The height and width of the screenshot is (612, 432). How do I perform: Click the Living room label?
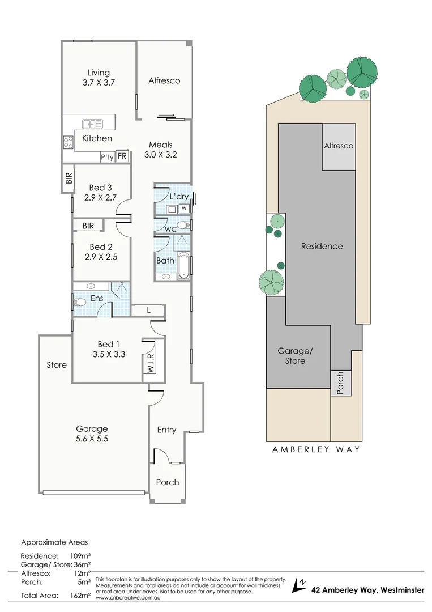point(99,73)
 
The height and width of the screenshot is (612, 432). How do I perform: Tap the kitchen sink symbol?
point(92,124)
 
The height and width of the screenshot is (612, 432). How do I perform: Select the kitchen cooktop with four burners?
point(69,141)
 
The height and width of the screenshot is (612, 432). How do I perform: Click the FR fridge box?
point(122,157)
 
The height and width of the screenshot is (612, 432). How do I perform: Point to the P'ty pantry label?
point(107,158)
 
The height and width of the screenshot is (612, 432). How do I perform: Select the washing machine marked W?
point(183,208)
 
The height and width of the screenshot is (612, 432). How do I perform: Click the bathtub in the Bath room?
point(183,266)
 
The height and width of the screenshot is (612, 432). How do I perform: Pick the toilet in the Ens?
point(79,303)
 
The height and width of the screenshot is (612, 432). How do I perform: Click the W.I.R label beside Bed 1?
point(151,360)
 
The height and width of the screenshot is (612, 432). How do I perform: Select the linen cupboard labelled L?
point(148,310)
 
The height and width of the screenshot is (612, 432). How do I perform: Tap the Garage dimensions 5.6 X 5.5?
point(92,439)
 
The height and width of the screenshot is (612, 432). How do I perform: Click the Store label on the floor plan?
point(57,365)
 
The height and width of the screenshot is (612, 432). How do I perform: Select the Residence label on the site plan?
point(322,246)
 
